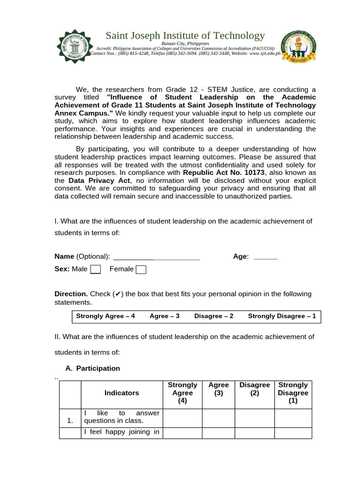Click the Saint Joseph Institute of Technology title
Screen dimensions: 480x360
coord(185,36)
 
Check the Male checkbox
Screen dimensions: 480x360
coord(95,269)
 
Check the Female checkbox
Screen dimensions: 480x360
coord(141,269)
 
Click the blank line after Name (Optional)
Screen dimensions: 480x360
coord(157,257)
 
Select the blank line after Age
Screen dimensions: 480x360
coord(265,257)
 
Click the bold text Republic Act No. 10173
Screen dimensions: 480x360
coord(224,172)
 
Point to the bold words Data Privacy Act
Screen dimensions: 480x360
coord(99,180)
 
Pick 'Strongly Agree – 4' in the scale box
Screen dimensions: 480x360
coord(105,316)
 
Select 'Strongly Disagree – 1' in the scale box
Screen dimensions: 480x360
coord(282,316)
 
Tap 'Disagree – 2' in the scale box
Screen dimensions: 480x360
coord(214,316)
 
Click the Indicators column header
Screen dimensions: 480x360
coord(121,393)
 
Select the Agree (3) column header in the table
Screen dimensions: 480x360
coord(218,389)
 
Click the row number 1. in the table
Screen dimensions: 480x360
coord(70,420)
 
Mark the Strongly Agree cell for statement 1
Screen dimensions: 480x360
coord(182,418)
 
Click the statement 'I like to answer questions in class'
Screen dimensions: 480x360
coord(121,417)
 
